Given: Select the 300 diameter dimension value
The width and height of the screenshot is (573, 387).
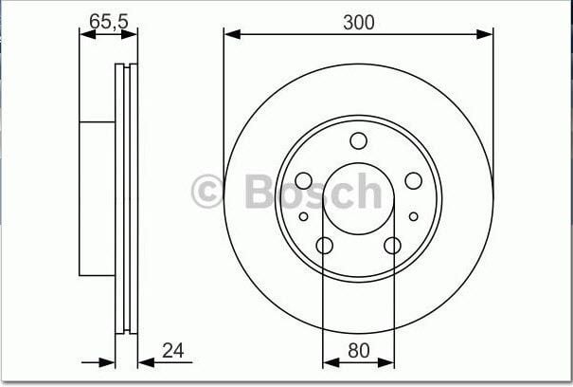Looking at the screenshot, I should [358, 22].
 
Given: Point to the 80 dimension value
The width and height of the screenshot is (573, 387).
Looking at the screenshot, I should [358, 350].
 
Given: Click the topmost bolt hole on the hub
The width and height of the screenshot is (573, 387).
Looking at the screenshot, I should [358, 141].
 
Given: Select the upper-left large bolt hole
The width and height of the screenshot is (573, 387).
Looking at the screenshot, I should [303, 181].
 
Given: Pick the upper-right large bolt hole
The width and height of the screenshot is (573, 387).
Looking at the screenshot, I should [413, 181].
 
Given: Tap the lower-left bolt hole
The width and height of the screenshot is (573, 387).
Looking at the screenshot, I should [324, 246].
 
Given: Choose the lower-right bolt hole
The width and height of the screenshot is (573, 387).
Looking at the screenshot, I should [392, 246].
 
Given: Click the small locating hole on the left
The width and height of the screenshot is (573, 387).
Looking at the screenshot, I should [303, 216].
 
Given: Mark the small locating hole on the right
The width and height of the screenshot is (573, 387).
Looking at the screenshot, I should [413, 216].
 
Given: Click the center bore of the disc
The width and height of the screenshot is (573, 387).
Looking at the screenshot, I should [358, 199].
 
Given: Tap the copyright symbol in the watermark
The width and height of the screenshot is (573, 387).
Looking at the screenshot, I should [208, 191].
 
